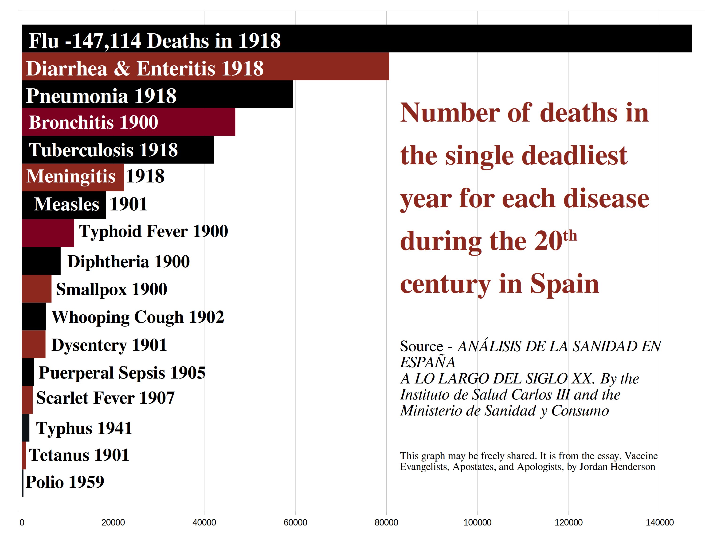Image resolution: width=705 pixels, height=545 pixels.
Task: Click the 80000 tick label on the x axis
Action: pos(386,522)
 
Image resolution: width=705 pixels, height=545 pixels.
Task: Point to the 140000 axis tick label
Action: pos(659,522)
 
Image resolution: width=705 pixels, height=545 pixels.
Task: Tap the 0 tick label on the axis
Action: pos(22,522)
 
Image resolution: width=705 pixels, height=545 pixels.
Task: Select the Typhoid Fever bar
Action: pos(48,233)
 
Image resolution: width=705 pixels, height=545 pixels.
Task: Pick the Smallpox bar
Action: pos(36,289)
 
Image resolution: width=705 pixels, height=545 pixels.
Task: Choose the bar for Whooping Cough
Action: pos(34,316)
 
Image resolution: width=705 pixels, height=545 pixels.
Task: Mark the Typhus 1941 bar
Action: pos(26,427)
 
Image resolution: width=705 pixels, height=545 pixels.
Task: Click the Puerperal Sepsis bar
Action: pos(28,372)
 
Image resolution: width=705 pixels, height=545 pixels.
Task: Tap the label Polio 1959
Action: pos(65,482)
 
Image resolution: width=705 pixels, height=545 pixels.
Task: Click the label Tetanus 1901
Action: pos(79,455)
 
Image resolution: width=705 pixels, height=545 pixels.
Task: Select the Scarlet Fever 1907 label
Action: pos(105,398)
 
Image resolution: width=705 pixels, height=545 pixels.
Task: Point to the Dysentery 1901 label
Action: pos(109,345)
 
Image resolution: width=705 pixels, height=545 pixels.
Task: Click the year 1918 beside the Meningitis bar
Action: pos(145,176)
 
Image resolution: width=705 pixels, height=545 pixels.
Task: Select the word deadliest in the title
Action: pos(574,156)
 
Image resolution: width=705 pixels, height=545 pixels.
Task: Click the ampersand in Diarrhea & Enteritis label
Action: pos(122,68)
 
